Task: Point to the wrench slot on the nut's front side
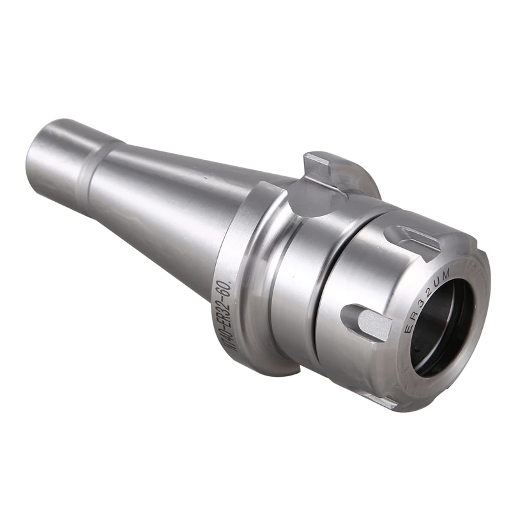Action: tap(367, 323)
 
